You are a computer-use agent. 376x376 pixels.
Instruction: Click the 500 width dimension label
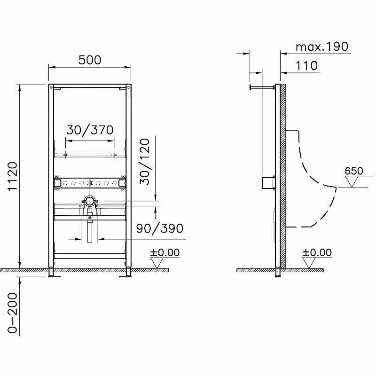(89, 60)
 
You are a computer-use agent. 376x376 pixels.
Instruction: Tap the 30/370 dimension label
(89, 130)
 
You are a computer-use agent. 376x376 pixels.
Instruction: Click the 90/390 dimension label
(159, 228)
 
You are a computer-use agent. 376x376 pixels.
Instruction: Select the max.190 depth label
(322, 47)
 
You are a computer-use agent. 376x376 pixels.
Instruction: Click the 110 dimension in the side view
(307, 66)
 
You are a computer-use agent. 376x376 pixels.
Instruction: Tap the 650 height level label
(353, 171)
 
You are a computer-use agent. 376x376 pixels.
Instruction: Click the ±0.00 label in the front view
(165, 253)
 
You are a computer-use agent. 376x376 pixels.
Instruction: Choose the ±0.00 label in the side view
(317, 253)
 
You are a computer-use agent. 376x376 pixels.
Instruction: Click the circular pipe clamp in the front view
(89, 201)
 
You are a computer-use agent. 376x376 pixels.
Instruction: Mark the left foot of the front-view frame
(52, 274)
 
